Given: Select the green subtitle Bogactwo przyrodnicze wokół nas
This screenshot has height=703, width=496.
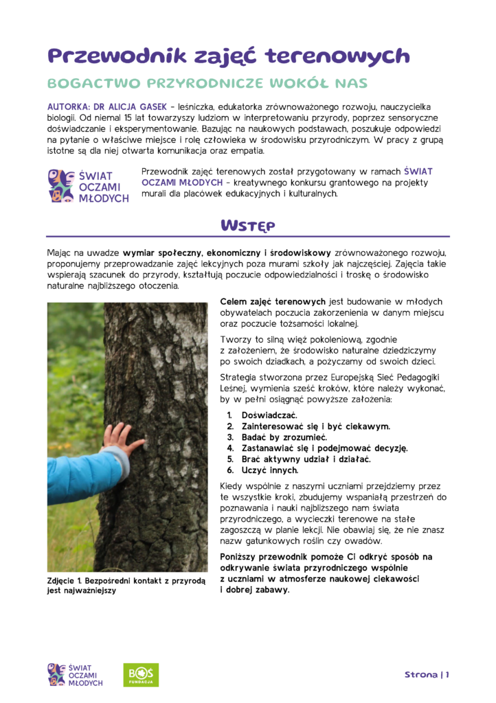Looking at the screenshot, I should click(207, 84).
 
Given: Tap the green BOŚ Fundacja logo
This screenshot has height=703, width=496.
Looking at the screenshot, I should click(140, 674).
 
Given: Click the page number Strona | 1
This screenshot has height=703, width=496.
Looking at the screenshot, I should click(427, 674).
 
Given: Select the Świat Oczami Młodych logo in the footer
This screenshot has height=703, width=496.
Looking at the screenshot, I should click(75, 674).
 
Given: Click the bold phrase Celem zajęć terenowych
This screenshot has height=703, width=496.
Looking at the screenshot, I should click(273, 301).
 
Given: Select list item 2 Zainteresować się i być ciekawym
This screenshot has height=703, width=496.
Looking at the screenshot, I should click(315, 426).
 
